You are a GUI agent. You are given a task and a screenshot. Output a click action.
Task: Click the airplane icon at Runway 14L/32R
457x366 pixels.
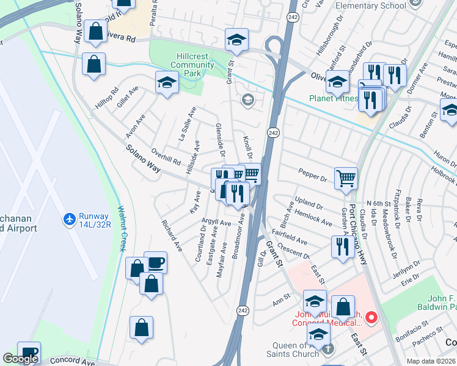coord(69,218)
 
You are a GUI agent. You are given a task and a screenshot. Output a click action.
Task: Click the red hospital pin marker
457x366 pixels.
coord(370,317)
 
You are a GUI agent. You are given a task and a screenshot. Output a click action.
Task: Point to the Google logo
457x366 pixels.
coord(20,359)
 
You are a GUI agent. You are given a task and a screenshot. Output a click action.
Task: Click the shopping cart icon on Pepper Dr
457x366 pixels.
coord(346,178)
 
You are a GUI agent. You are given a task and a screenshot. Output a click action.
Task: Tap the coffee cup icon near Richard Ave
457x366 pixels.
coord(156,262)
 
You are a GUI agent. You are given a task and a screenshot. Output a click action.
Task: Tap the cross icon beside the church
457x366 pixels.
coord(328,350)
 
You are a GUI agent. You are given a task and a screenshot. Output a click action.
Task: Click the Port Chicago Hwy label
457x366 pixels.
coord(351,212)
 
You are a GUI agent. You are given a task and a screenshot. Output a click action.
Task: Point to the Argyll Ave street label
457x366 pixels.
coord(216,223)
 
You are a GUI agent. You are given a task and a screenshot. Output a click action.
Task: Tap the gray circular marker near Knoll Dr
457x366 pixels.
coord(247,100)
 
